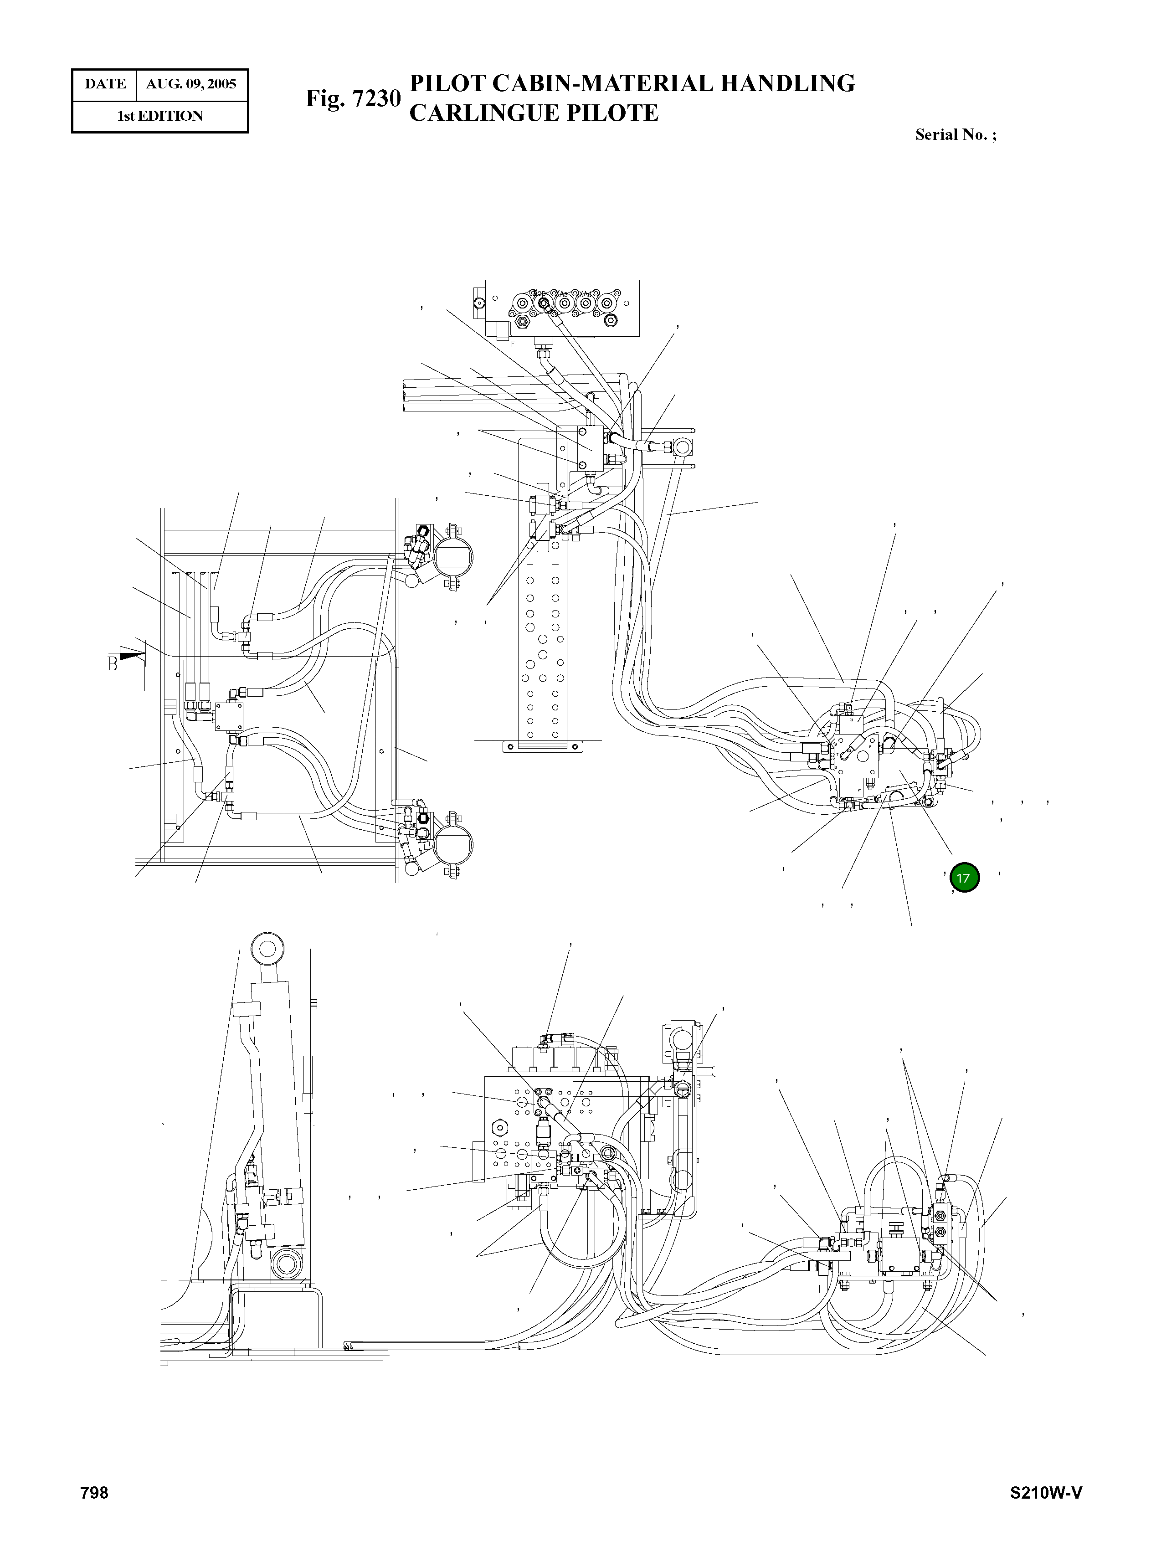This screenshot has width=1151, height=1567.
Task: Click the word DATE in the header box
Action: (105, 84)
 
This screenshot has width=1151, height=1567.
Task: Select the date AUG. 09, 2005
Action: (191, 84)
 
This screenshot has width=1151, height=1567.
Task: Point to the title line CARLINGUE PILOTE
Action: (533, 113)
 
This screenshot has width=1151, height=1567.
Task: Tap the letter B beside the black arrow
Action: (112, 663)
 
